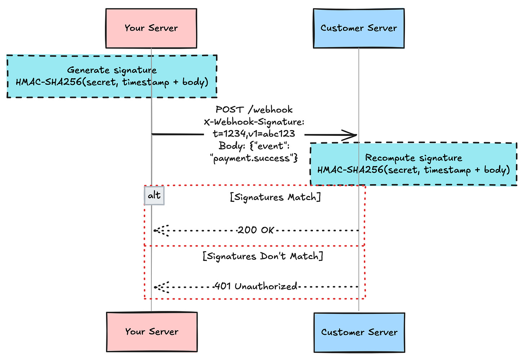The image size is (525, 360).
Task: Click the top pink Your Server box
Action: (151, 28)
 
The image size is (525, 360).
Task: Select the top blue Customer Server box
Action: (359, 28)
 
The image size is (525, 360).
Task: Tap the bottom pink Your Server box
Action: (152, 332)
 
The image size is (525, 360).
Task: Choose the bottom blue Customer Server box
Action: (359, 332)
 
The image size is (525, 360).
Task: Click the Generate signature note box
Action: (112, 76)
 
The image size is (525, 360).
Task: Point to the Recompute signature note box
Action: (414, 164)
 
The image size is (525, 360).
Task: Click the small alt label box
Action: (154, 195)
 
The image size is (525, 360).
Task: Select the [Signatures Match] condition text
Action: (275, 197)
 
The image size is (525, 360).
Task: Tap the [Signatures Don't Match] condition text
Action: (262, 256)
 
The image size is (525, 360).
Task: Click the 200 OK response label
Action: (256, 230)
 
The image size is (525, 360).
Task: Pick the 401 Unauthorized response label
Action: (256, 286)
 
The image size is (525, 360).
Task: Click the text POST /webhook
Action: (254, 110)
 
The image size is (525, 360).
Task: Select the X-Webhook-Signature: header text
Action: (254, 122)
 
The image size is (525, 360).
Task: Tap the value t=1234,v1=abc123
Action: (254, 134)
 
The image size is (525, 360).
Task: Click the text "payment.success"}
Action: (254, 158)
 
